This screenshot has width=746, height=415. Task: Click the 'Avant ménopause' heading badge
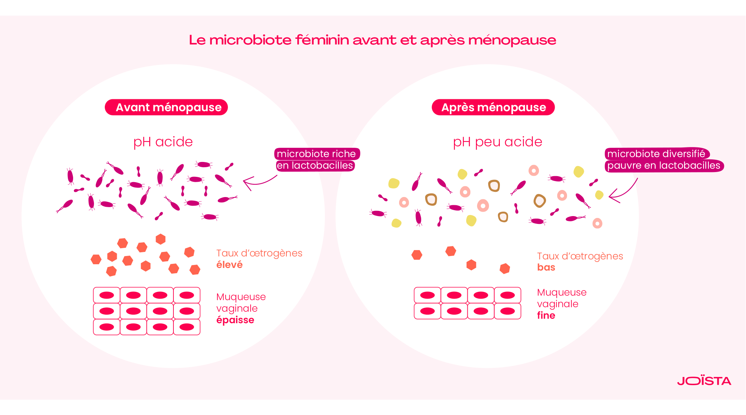(x=166, y=107)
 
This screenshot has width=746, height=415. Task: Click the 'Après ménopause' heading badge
(x=493, y=107)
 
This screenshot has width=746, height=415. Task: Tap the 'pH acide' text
(x=163, y=142)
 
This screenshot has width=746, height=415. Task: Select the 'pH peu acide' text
(x=497, y=142)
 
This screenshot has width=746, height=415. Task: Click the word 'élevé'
(x=229, y=265)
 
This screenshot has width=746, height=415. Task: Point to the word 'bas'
(x=546, y=267)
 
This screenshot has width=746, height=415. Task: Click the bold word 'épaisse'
(x=235, y=320)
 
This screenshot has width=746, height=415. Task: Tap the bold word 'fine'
(x=546, y=315)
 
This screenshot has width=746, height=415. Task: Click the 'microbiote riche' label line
(x=316, y=154)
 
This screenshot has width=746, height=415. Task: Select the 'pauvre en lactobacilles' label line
(x=664, y=165)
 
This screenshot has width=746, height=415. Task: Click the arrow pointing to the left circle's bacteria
(x=259, y=181)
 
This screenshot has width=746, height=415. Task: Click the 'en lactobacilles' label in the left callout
(x=315, y=165)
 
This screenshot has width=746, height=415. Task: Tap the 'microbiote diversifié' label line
(x=656, y=154)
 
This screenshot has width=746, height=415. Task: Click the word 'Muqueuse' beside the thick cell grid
(x=241, y=297)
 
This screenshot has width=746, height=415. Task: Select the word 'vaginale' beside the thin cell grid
(x=558, y=304)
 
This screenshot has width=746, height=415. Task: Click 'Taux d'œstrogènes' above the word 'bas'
(x=580, y=256)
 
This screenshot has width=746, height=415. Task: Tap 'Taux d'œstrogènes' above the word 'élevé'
(x=259, y=253)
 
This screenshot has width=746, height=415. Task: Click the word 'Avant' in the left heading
(x=133, y=107)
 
